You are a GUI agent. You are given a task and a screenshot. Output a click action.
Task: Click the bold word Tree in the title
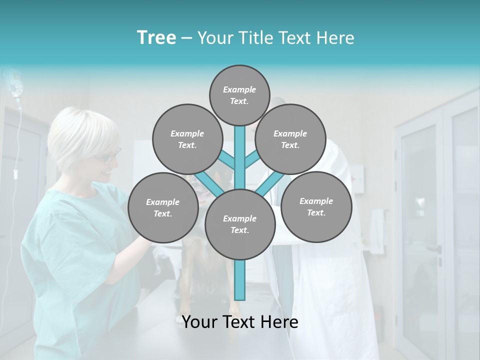pyautogui.click(x=156, y=37)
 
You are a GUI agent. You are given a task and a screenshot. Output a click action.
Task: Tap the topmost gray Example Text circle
pyautogui.click(x=239, y=95)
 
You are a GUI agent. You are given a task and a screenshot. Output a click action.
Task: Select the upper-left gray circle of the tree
pyautogui.click(x=187, y=139)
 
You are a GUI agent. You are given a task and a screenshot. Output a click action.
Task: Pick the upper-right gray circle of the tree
pyautogui.click(x=290, y=139)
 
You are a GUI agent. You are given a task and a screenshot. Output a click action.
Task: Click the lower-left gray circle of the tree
pyautogui.click(x=163, y=207)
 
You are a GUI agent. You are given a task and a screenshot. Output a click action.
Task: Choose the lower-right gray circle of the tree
pyautogui.click(x=316, y=206)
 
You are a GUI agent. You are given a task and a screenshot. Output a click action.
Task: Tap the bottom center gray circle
pyautogui.click(x=240, y=224)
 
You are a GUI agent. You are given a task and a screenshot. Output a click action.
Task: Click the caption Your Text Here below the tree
pyautogui.click(x=240, y=322)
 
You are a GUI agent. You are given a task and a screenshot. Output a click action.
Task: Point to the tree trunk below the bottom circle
pyautogui.click(x=240, y=280)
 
